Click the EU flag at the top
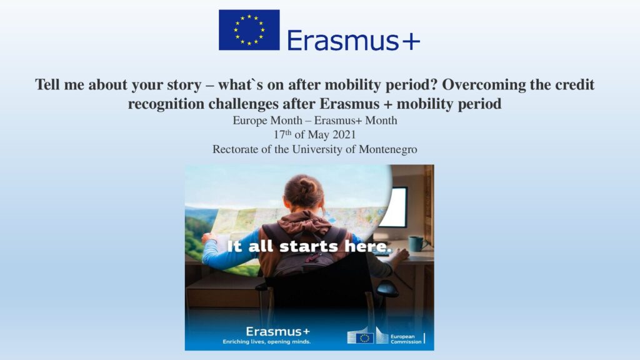point(249,30)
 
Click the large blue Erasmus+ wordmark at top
point(354,40)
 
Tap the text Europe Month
point(267,121)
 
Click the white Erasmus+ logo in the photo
point(278,331)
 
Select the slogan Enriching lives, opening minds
point(266,342)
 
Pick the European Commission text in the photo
point(406,339)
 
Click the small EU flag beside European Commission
point(364,338)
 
